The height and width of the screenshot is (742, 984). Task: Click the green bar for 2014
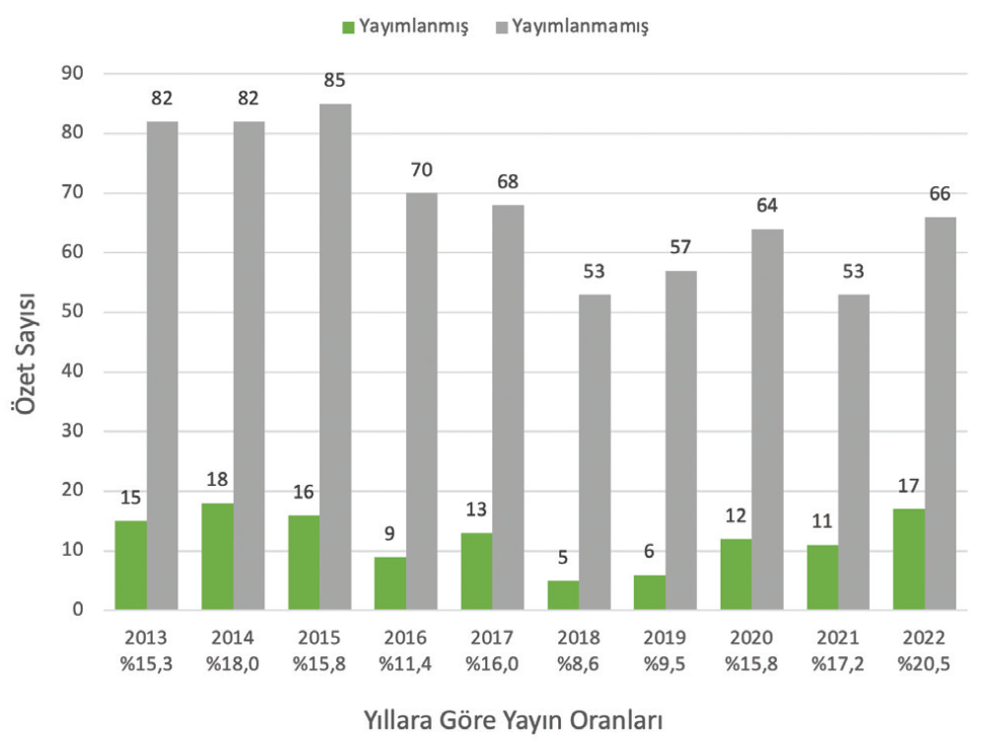click(217, 557)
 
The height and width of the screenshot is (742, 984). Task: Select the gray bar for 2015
click(335, 357)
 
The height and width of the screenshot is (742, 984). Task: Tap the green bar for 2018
click(563, 595)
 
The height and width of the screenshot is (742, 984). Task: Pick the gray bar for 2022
click(940, 413)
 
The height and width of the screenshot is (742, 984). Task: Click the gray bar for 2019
click(681, 440)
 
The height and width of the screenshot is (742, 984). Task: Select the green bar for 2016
click(390, 583)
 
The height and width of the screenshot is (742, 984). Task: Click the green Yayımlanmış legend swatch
click(348, 27)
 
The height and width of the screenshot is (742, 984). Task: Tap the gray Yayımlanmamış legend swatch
click(502, 27)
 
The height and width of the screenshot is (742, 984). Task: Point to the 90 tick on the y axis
click(72, 73)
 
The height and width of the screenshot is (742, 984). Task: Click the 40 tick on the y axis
click(72, 371)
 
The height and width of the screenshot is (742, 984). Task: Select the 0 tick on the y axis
click(78, 610)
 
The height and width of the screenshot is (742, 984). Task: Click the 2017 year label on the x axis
click(491, 638)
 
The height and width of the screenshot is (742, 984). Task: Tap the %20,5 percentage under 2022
click(924, 663)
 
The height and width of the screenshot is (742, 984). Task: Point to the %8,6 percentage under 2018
click(578, 663)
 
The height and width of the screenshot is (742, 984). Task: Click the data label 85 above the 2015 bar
click(334, 80)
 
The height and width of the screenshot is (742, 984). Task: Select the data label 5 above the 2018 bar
click(562, 557)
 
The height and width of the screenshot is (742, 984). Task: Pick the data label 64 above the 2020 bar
click(767, 205)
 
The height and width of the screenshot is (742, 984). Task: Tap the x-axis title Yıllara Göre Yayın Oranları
click(514, 720)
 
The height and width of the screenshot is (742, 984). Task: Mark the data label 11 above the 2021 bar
click(821, 521)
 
